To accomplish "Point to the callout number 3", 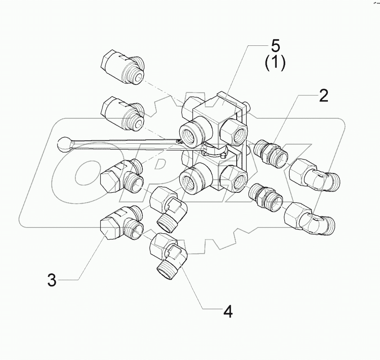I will coord(52,280).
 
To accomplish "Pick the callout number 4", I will coord(228,311).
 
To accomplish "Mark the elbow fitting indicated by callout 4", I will coord(170,255).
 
